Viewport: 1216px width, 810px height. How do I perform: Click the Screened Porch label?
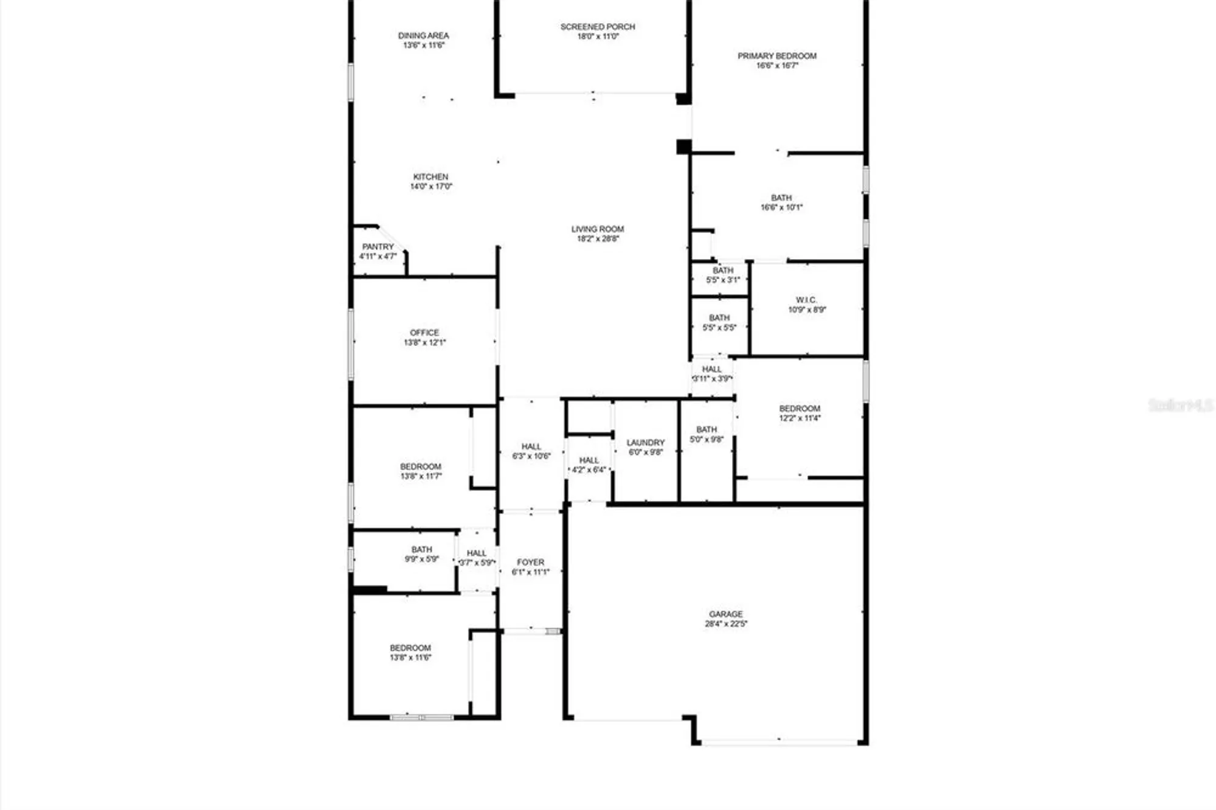[x=598, y=27]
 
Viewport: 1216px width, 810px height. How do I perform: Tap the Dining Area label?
[x=423, y=35]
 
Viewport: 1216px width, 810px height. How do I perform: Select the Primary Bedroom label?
[x=777, y=56]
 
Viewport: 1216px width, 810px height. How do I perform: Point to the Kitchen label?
[x=430, y=177]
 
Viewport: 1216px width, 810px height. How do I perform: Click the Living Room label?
[x=598, y=229]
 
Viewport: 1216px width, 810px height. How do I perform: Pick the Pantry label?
[x=378, y=247]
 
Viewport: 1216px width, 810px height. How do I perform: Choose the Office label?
[x=424, y=333]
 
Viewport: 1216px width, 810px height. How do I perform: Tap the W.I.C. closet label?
[x=806, y=300]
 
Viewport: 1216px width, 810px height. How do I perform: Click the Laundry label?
[x=646, y=443]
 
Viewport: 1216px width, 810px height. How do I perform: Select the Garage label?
[x=725, y=614]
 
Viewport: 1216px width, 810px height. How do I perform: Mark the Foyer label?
[x=531, y=562]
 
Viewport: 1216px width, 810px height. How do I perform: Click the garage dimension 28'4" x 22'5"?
[x=726, y=624]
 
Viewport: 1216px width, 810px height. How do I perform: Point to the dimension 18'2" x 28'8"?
[x=598, y=239]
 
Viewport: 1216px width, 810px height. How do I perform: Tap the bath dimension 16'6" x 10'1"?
[x=781, y=207]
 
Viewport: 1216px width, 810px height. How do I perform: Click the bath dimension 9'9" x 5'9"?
[x=422, y=559]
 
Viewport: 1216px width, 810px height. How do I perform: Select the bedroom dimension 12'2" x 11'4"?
[x=800, y=418]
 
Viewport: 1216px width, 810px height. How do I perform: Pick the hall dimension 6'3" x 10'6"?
[x=531, y=456]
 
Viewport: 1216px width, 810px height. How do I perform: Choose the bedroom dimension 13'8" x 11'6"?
[x=410, y=657]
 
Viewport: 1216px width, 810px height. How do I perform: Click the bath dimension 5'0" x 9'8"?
[x=706, y=439]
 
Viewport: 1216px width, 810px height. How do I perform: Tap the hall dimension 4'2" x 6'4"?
[x=589, y=470]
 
